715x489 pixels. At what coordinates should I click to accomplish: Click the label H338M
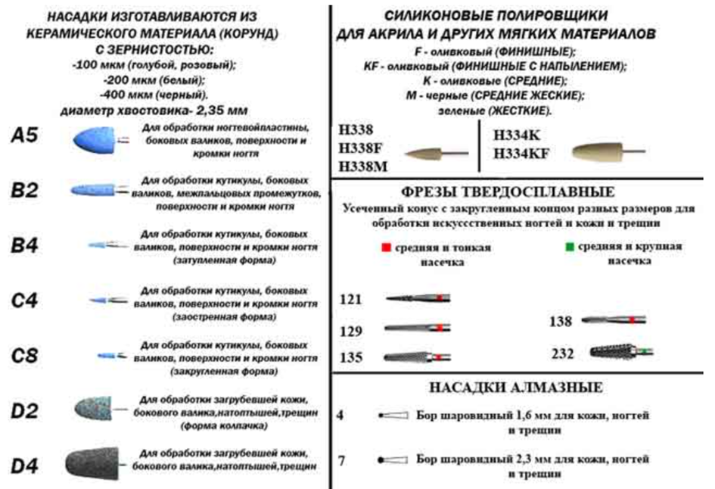[362, 166]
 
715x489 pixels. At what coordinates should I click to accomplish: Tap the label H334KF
[521, 154]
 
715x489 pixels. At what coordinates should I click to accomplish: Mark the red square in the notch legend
[387, 248]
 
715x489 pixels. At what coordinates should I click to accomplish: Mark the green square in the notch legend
[568, 248]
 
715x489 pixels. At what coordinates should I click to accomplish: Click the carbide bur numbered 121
[417, 298]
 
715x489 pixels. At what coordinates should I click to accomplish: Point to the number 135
[351, 357]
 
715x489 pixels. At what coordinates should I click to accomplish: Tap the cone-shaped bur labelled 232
[617, 352]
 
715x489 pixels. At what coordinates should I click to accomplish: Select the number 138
[561, 322]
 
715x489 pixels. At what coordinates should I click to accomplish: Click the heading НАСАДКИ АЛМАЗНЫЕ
[516, 388]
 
